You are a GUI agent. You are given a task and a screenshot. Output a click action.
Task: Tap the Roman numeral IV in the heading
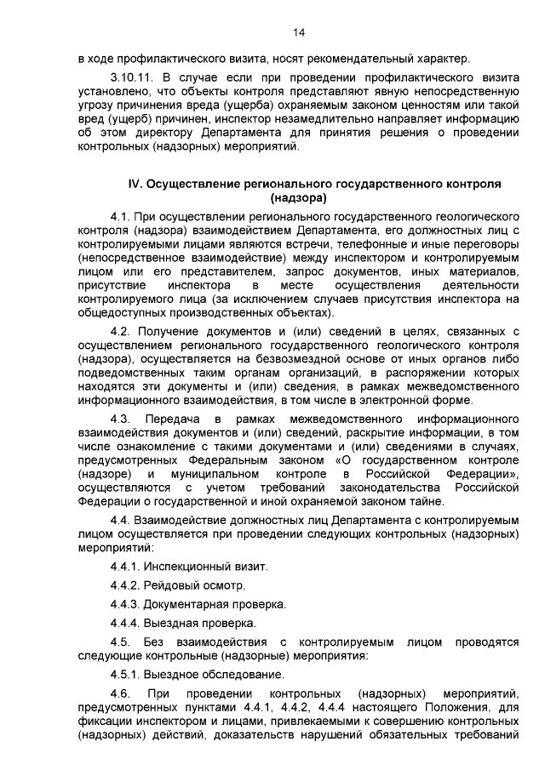[x=134, y=184]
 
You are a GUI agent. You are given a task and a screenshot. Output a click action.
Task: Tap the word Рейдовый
[x=170, y=585]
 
